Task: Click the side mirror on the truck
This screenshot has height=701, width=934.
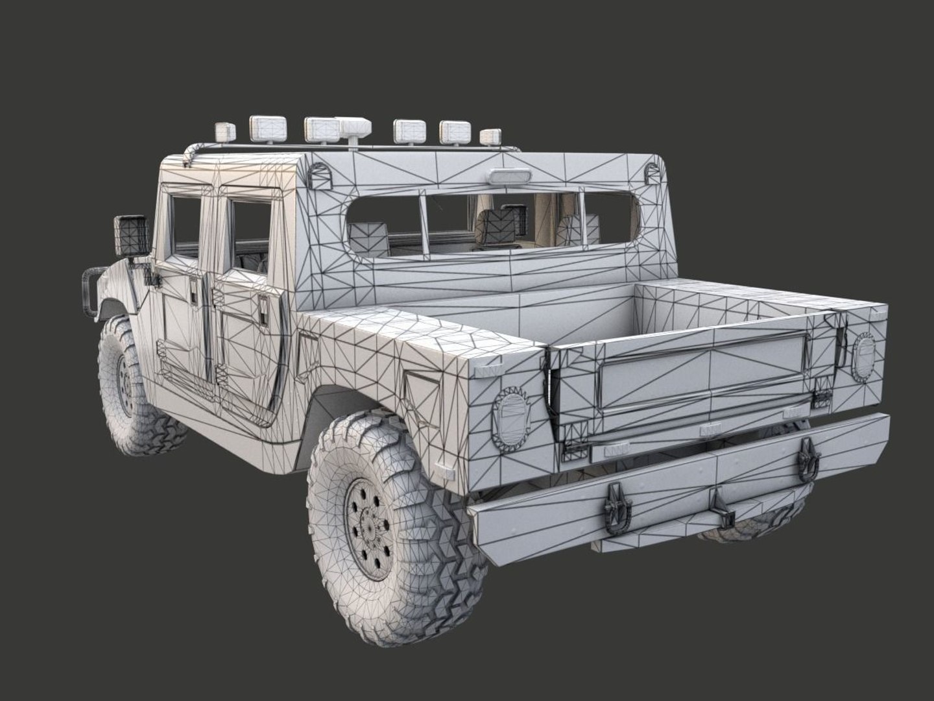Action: click(132, 235)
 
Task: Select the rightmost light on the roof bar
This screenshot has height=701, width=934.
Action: click(491, 137)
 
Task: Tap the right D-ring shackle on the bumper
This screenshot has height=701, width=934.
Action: click(807, 458)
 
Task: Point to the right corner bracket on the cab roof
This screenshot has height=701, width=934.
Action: click(651, 172)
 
